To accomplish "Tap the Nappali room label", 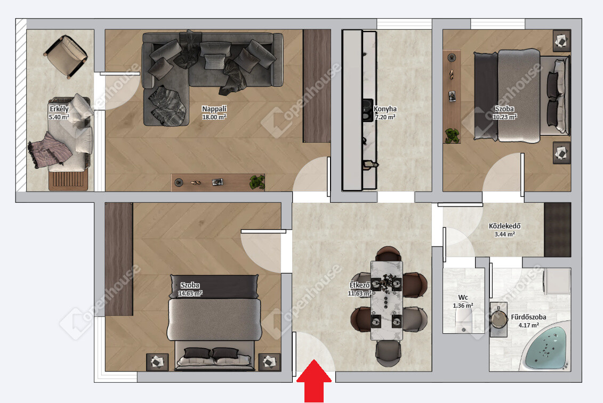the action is pyautogui.click(x=214, y=109).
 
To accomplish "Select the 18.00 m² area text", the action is pyautogui.click(x=214, y=117).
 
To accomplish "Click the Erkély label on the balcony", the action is pyautogui.click(x=59, y=109).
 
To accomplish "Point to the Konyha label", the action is pyautogui.click(x=385, y=109).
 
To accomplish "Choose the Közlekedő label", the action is pyautogui.click(x=504, y=226).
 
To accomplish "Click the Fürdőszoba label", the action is pyautogui.click(x=528, y=317).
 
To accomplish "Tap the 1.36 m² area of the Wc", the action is pyautogui.click(x=463, y=306).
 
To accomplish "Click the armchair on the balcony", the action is pyautogui.click(x=66, y=56).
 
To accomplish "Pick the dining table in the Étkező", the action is pyautogui.click(x=387, y=300).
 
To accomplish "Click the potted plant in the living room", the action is pyautogui.click(x=258, y=182).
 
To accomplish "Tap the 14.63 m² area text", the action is pyautogui.click(x=190, y=293).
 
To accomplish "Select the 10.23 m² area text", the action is pyautogui.click(x=504, y=117).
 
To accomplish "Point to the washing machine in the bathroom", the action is pyautogui.click(x=557, y=281).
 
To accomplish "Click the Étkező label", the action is pyautogui.click(x=359, y=285).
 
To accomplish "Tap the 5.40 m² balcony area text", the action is pyautogui.click(x=59, y=117).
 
